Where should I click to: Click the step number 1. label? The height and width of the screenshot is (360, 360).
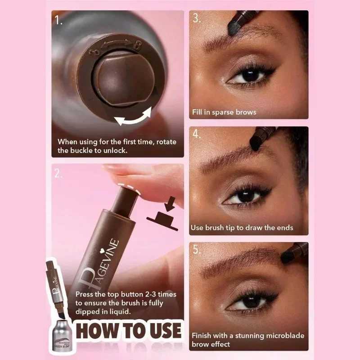(x=58, y=20)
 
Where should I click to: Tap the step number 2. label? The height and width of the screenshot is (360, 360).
(x=58, y=174)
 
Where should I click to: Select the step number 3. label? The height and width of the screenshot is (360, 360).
(x=196, y=18)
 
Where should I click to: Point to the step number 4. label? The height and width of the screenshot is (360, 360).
(x=197, y=135)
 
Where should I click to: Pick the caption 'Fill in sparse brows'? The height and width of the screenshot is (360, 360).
(x=224, y=112)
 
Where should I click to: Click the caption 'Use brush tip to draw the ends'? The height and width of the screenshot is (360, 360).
(x=242, y=228)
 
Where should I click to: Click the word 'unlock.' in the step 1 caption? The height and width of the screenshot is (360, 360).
(x=114, y=150)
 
